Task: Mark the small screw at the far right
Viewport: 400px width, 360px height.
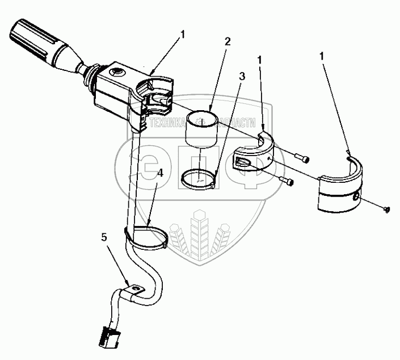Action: pyautogui.click(x=386, y=210)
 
